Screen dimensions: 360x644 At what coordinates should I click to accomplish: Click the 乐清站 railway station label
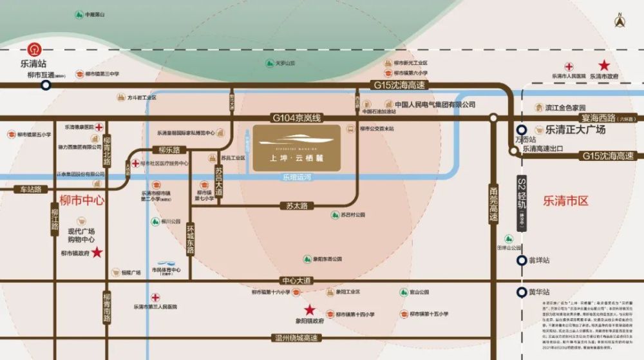pyautogui.click(x=34, y=64)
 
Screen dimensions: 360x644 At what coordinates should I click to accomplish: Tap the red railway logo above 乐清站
pyautogui.click(x=33, y=49)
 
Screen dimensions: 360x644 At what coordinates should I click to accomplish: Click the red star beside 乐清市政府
pyautogui.click(x=604, y=65)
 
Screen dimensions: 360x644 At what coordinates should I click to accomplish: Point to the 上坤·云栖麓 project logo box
pyautogui.click(x=297, y=148)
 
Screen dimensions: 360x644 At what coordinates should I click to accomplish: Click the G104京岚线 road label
pyautogui.click(x=296, y=118)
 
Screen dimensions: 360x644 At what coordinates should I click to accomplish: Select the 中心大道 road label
pyautogui.click(x=296, y=281)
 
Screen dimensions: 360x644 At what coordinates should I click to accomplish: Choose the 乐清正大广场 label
pyautogui.click(x=576, y=129)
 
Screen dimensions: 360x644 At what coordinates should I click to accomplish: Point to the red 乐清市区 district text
pyautogui.click(x=566, y=201)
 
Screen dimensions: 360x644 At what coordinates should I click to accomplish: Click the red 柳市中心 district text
pyautogui.click(x=81, y=200)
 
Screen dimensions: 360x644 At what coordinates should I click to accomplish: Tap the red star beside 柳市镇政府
pyautogui.click(x=97, y=252)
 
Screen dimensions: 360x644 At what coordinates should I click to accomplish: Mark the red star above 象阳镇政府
pyautogui.click(x=310, y=310)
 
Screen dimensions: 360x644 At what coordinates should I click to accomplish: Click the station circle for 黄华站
pyautogui.click(x=521, y=292)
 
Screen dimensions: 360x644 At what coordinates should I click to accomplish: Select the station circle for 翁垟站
pyautogui.click(x=521, y=260)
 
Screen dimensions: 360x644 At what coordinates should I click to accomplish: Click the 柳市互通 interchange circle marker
pyautogui.click(x=46, y=84)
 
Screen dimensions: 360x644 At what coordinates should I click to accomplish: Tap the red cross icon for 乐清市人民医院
pyautogui.click(x=569, y=66)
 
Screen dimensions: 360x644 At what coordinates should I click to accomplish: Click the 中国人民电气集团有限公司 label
pyautogui.click(x=435, y=104)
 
